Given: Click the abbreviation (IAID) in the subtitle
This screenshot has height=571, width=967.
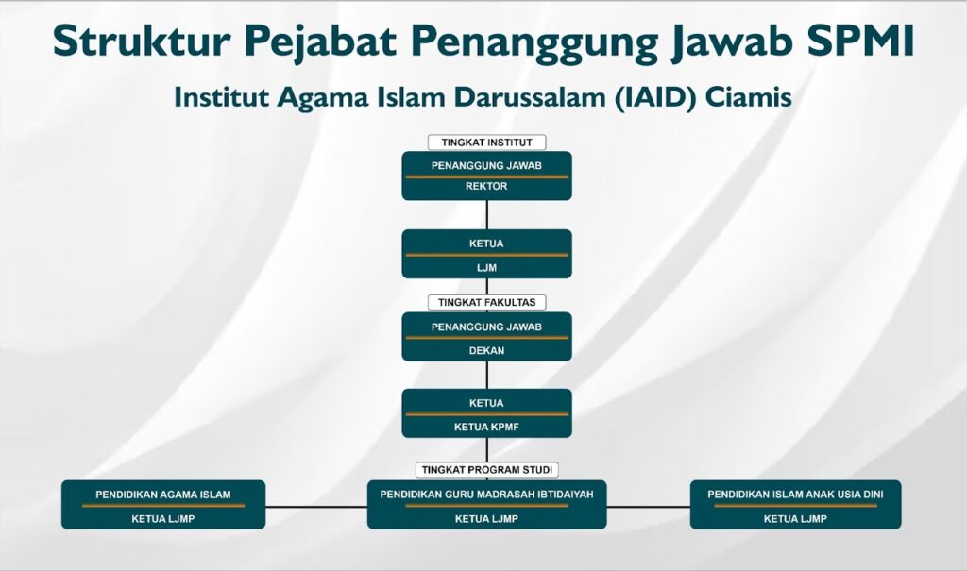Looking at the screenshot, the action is tap(654, 97).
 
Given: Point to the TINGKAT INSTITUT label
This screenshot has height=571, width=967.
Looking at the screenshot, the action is tap(486, 143).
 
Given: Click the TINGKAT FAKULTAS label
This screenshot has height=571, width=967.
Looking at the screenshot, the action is tap(486, 303).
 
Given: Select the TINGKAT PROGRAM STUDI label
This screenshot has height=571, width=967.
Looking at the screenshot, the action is tap(486, 470).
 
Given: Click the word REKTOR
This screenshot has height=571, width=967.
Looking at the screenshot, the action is tap(486, 186).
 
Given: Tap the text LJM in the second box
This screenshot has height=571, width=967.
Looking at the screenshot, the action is tap(486, 268).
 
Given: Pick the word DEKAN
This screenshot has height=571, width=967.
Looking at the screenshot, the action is tap(486, 350).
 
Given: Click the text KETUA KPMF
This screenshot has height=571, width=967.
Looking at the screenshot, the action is tap(486, 427).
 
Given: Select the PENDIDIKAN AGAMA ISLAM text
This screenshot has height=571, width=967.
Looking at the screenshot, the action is tap(163, 495).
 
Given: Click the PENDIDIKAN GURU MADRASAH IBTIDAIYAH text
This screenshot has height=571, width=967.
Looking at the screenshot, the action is tap(486, 495).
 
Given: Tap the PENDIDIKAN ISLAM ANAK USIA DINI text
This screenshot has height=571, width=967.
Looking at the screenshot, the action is tap(795, 495).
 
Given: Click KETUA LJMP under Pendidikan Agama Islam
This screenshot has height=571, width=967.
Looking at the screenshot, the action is tap(163, 519).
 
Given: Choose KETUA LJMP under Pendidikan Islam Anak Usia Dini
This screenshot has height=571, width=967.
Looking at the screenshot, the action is tap(795, 519).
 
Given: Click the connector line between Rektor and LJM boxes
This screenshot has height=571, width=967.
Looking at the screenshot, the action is tap(486, 214).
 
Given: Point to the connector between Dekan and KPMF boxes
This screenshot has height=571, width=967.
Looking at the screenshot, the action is tap(486, 375).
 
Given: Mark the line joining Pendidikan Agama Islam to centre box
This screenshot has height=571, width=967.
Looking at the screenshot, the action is tap(316, 507).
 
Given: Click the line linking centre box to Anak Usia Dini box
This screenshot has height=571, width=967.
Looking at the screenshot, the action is tap(648, 507).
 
